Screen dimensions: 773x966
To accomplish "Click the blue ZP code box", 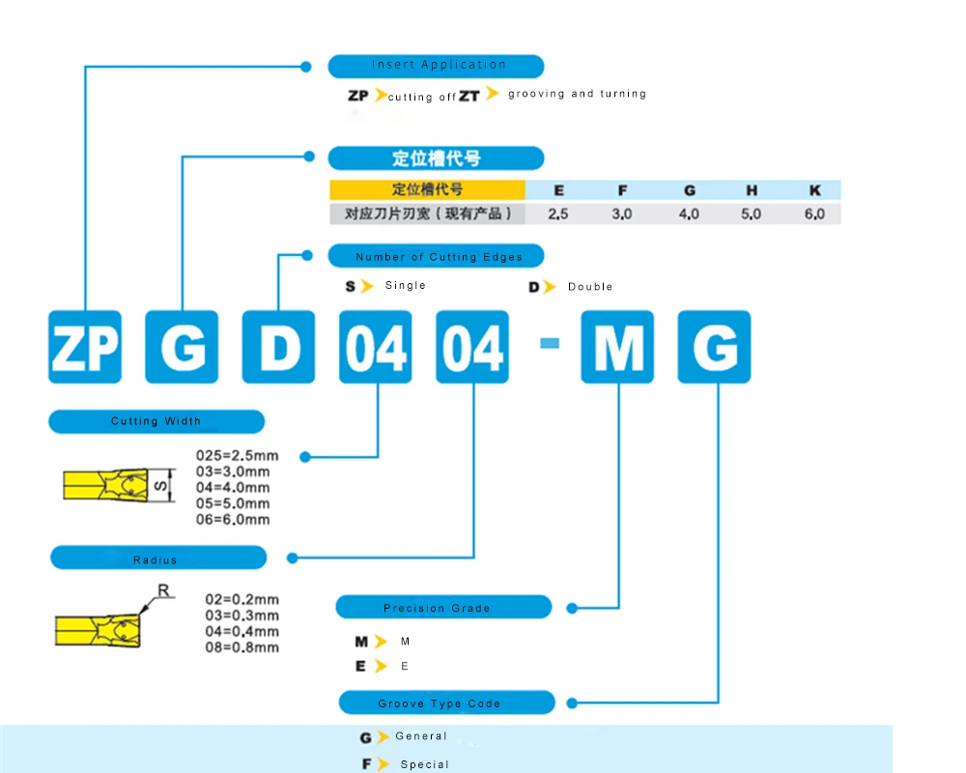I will (85, 347).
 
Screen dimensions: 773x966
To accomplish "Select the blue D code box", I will (278, 347).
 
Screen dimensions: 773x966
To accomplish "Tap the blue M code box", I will (617, 347).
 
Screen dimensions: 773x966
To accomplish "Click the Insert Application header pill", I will (437, 66).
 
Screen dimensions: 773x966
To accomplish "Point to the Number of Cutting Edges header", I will (437, 256).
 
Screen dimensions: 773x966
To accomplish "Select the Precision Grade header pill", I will (443, 608).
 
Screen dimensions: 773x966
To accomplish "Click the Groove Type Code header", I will (446, 702).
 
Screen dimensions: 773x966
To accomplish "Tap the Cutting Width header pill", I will (156, 421).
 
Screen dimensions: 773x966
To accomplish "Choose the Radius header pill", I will (157, 558).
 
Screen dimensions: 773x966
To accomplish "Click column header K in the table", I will (814, 191).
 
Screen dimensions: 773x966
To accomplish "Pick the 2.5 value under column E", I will (557, 214).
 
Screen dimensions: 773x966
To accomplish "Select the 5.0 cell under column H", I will (751, 214).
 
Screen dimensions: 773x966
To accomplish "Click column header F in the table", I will (621, 191).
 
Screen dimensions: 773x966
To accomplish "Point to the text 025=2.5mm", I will (237, 455).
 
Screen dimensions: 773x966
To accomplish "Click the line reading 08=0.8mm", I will (242, 646).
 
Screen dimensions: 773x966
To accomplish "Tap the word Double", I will (590, 287).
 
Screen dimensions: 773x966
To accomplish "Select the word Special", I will (425, 764).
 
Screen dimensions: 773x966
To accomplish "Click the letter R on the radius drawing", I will (162, 589).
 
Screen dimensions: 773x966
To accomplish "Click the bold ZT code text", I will (469, 96).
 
